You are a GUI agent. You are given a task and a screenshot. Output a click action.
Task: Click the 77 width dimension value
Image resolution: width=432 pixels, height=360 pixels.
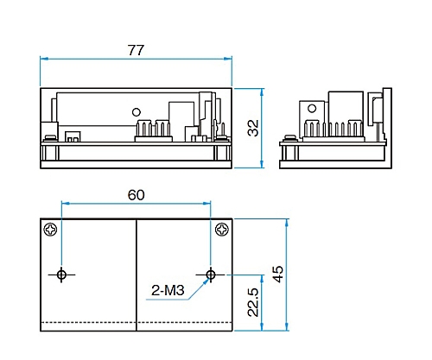click(x=136, y=50)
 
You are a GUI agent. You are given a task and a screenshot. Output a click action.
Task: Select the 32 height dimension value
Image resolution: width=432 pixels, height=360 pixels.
click(x=253, y=128)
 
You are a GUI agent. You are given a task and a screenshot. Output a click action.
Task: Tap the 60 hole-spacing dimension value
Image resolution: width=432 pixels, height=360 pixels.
click(x=136, y=195)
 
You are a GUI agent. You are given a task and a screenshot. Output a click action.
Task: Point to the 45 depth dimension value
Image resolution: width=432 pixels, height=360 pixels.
click(x=277, y=275)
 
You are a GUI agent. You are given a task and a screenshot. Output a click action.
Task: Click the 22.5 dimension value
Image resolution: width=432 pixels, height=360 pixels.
click(x=253, y=302)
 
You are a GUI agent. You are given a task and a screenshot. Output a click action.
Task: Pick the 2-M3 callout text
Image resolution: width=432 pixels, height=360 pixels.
click(x=168, y=290)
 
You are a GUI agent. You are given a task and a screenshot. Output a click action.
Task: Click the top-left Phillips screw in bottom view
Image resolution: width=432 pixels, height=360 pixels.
click(x=50, y=230)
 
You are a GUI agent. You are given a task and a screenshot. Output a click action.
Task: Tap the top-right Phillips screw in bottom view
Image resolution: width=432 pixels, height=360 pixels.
click(x=222, y=230)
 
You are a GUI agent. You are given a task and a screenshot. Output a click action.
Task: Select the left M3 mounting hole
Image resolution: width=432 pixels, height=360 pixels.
click(x=61, y=275)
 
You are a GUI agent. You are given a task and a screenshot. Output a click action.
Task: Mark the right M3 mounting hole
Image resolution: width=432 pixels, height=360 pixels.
click(x=211, y=275)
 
